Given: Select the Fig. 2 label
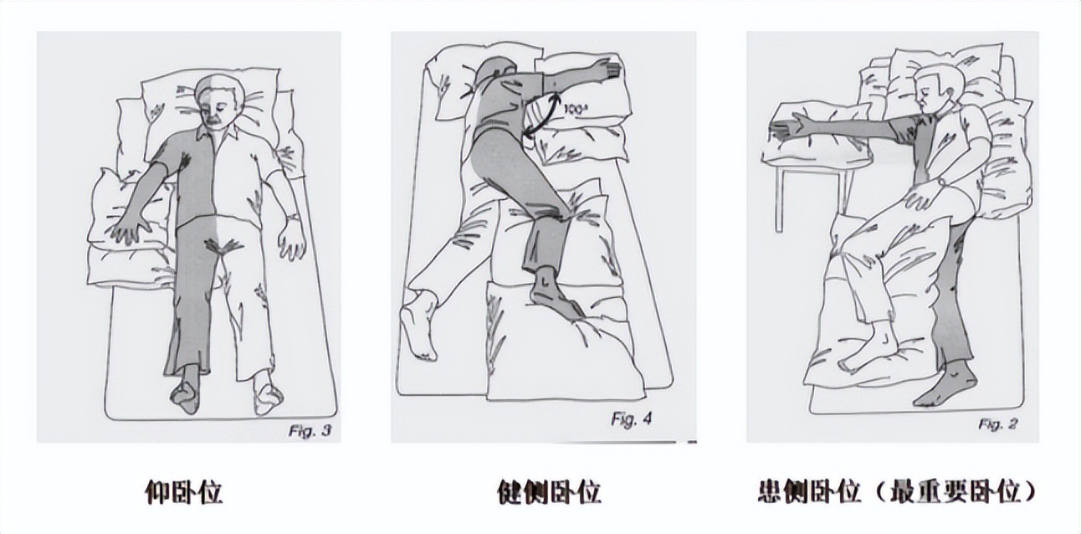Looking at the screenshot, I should coord(997,424).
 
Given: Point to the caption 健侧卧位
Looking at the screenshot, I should coord(548,492).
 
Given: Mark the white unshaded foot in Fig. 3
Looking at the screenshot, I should coord(268,395).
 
